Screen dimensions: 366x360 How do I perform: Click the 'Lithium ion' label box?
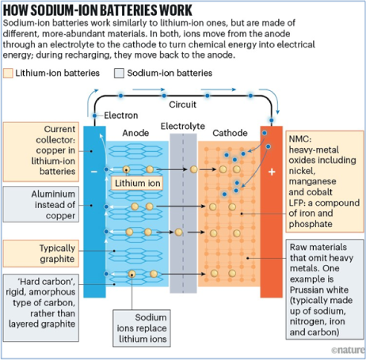(137, 183)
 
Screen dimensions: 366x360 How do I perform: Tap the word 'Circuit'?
(183, 104)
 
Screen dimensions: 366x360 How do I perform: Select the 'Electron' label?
(121, 116)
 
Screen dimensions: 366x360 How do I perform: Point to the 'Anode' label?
(135, 133)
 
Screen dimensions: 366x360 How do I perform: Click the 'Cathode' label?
(230, 133)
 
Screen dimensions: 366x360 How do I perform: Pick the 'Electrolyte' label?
(183, 126)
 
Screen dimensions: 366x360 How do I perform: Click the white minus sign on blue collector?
(94, 172)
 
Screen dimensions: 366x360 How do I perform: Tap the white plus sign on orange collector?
(272, 172)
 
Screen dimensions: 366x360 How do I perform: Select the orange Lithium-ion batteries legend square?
(8, 73)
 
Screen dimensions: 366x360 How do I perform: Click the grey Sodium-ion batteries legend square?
(119, 73)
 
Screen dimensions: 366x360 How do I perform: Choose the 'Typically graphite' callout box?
(41, 253)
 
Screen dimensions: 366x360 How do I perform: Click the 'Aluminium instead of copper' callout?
(41, 205)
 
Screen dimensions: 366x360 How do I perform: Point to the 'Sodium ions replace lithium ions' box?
(142, 328)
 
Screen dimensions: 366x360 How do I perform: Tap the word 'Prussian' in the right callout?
(306, 290)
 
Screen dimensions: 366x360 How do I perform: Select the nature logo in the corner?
(348, 350)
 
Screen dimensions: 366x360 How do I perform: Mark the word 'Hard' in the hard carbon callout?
(29, 282)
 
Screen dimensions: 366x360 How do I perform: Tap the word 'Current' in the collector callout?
(59, 129)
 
